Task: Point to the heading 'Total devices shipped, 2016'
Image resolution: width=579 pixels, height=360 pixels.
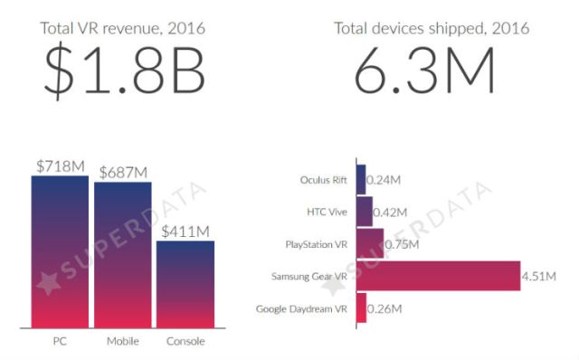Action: tap(431, 27)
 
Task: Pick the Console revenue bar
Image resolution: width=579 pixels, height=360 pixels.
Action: tap(185, 285)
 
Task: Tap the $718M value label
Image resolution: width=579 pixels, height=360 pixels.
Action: tap(60, 166)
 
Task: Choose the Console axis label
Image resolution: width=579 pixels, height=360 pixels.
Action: tap(185, 341)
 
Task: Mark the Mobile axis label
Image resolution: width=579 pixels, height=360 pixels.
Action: tap(123, 341)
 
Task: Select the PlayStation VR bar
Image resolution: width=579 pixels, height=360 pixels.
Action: tap(370, 244)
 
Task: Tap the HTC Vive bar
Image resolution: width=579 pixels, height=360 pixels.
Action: tap(365, 212)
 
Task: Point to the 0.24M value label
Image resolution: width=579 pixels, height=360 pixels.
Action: tap(384, 179)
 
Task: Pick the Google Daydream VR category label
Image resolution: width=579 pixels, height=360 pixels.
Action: tap(303, 309)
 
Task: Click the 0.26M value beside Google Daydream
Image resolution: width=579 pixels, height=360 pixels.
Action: tap(385, 309)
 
